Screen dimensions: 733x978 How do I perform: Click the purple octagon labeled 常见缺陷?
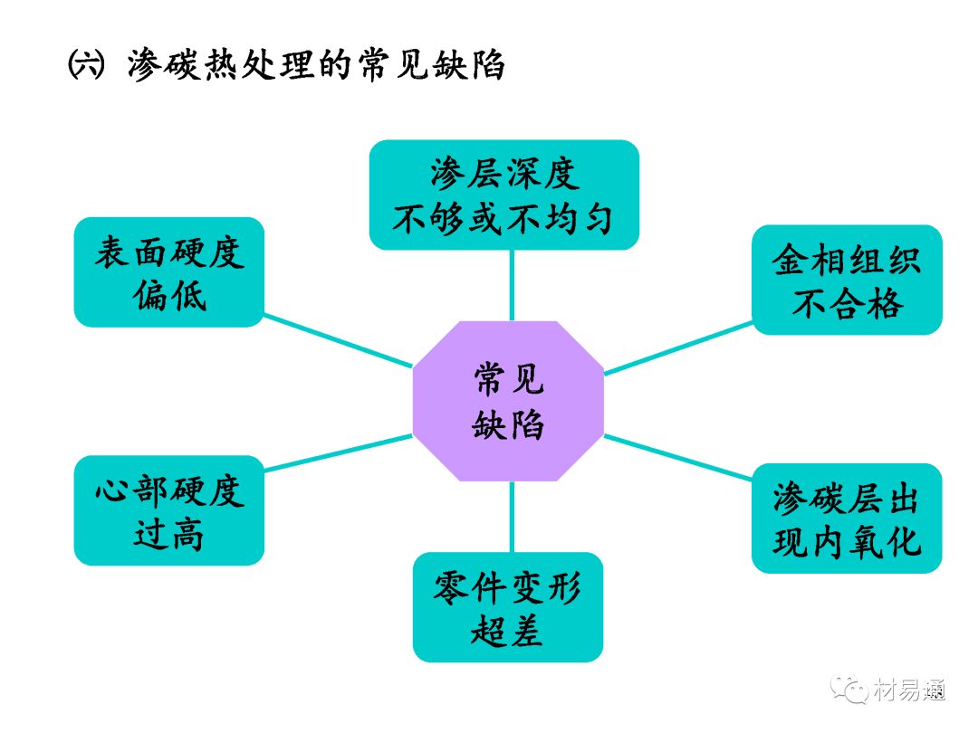pyautogui.click(x=508, y=402)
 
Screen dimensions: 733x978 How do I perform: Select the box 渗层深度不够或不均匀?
pyautogui.click(x=503, y=195)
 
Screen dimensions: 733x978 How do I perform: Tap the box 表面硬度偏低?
pyautogui.click(x=169, y=271)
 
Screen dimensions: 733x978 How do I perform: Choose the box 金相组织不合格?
pyautogui.click(x=847, y=280)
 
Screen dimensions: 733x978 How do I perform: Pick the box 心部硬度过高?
pyautogui.click(x=169, y=510)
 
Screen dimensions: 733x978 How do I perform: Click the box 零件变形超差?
pyautogui.click(x=508, y=606)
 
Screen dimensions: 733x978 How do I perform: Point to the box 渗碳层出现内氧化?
pyautogui.click(x=847, y=518)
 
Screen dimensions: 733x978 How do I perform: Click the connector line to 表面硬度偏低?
pyautogui.click(x=338, y=340)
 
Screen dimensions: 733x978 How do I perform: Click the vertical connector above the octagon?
pyautogui.click(x=512, y=284)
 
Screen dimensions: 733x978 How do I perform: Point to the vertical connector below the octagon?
pyautogui.click(x=512, y=517)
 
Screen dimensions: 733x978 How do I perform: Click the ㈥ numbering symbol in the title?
pyautogui.click(x=87, y=66)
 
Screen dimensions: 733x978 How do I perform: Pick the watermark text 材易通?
pyautogui.click(x=909, y=691)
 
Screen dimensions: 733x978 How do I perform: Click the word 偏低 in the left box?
pyautogui.click(x=169, y=295)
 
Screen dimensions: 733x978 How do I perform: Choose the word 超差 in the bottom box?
pyautogui.click(x=507, y=630)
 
